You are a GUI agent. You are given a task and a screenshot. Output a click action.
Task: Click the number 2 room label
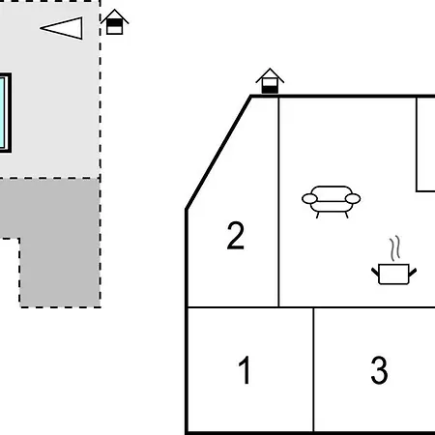click(x=236, y=236)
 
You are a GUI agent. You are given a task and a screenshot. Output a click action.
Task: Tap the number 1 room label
click(x=245, y=370)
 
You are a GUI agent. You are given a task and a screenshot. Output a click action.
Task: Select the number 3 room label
click(x=379, y=370)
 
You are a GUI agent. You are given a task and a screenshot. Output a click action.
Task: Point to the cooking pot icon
click(x=393, y=275)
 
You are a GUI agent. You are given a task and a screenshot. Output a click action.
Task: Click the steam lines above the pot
click(x=395, y=248)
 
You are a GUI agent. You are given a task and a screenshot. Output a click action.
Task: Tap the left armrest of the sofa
click(x=309, y=199)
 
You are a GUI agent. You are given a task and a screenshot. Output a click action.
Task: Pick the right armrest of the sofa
click(x=353, y=199)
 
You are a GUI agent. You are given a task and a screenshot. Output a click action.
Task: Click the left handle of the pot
click(x=375, y=273)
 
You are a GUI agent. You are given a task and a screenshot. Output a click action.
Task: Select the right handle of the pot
click(x=413, y=273)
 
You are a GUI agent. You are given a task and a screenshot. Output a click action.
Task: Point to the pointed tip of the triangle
click(x=41, y=28)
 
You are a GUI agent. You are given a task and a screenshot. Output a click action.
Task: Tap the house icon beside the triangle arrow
click(x=114, y=22)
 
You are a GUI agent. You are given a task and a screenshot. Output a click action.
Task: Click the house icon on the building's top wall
click(x=270, y=81)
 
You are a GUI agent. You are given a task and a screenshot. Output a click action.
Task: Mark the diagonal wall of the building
click(x=218, y=153)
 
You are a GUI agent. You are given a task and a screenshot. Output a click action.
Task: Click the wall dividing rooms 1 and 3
click(x=313, y=369)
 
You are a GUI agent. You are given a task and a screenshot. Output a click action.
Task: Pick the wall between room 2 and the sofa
click(x=278, y=202)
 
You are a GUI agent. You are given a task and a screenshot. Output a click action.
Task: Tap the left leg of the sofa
click(x=318, y=215)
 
